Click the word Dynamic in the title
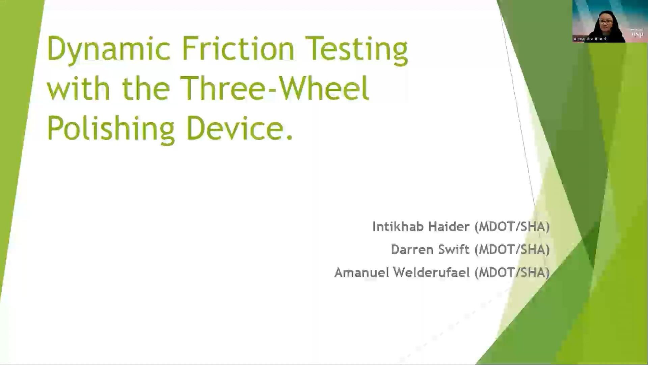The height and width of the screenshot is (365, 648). (108, 49)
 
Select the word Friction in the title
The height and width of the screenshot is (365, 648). (238, 49)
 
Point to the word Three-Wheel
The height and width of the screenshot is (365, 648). (274, 89)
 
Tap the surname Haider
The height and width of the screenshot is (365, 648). (449, 227)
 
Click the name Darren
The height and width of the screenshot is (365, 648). (412, 250)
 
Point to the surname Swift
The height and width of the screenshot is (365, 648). (453, 250)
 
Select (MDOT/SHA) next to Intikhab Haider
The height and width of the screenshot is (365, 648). (512, 227)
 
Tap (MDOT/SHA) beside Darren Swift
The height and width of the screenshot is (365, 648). (512, 250)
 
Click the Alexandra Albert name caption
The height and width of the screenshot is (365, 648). (590, 39)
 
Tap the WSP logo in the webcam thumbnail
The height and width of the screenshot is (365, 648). (637, 34)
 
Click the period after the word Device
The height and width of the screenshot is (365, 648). (289, 137)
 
